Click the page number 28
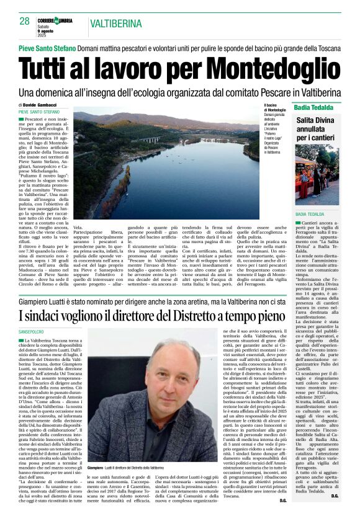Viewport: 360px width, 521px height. (x=24, y=22)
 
